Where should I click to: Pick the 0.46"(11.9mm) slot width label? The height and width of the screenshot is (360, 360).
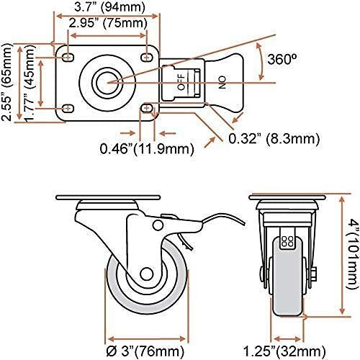(147, 150)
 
